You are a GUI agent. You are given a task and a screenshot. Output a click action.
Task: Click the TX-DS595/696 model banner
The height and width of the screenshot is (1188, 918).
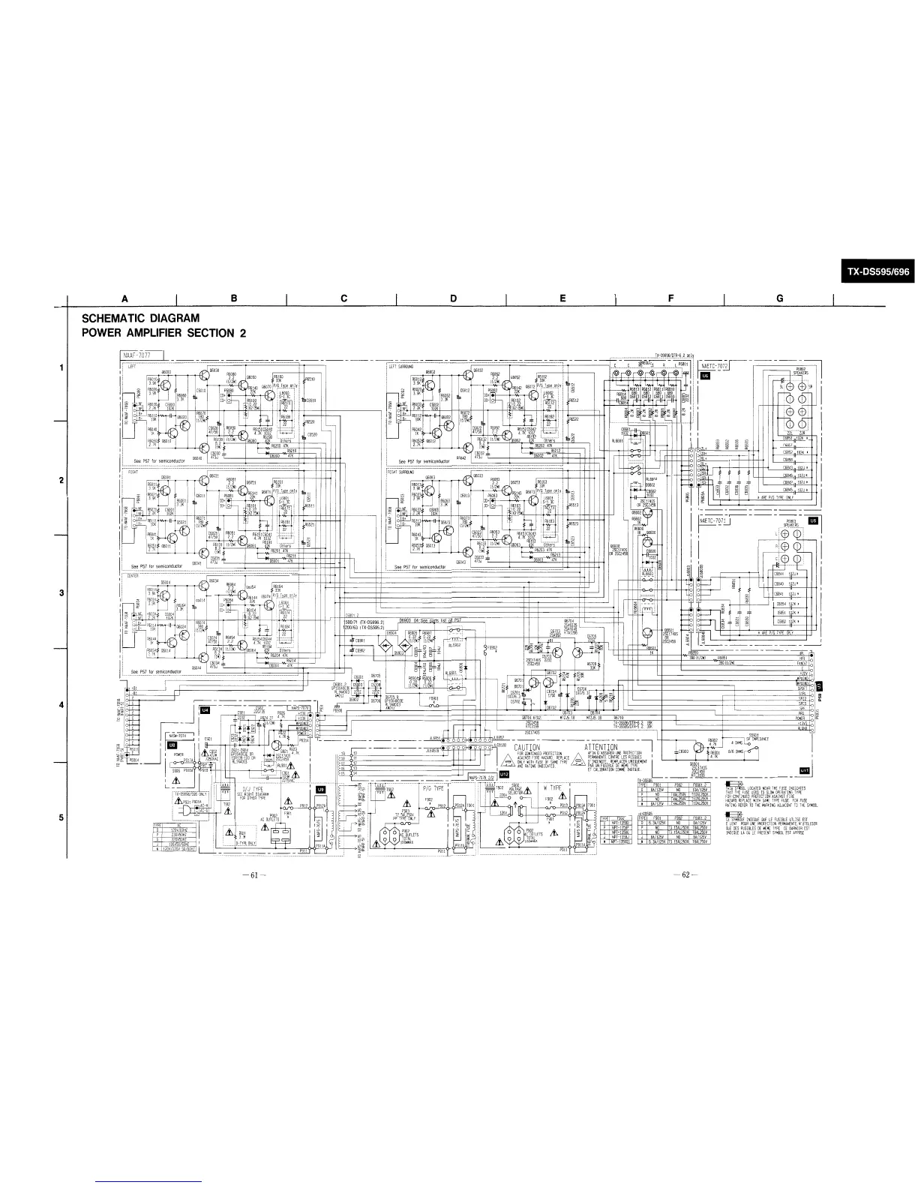875,273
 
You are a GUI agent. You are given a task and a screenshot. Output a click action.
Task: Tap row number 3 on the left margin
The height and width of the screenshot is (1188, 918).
61,594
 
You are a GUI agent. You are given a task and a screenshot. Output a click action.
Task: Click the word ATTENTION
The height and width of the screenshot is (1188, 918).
601,747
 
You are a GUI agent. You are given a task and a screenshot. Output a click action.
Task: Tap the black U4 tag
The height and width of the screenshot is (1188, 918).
204,709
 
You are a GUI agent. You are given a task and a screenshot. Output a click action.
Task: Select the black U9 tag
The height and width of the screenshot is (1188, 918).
322,789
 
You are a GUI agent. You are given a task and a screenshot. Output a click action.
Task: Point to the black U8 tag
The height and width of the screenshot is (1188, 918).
172,745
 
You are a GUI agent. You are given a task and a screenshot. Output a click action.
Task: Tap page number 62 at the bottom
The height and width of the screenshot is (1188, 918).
685,875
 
